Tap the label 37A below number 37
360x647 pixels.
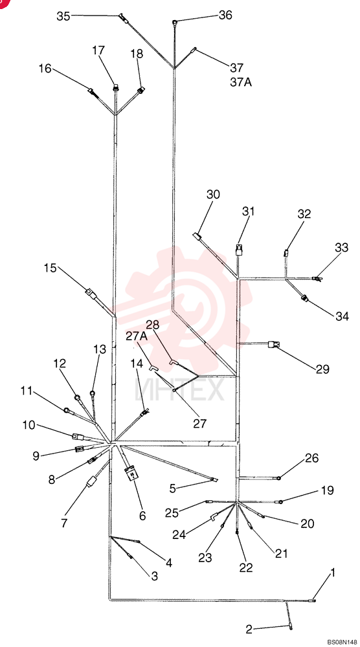pyautogui.click(x=241, y=82)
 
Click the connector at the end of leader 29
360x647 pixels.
pyautogui.click(x=274, y=344)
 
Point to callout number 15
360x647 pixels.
pyautogui.click(x=51, y=268)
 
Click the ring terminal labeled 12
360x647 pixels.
pyautogui.click(x=77, y=398)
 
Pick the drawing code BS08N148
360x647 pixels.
pyautogui.click(x=343, y=642)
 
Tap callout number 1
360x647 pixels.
pyautogui.click(x=333, y=573)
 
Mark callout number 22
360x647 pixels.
pyautogui.click(x=245, y=567)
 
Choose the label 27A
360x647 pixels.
pyautogui.click(x=137, y=336)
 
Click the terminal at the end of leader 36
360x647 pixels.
pyautogui.click(x=175, y=21)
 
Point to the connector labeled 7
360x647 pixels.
pyautogui.click(x=91, y=481)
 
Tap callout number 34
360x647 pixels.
pyautogui.click(x=342, y=316)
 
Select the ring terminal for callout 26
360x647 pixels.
pyautogui.click(x=279, y=478)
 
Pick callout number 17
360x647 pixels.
pyautogui.click(x=98, y=50)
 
